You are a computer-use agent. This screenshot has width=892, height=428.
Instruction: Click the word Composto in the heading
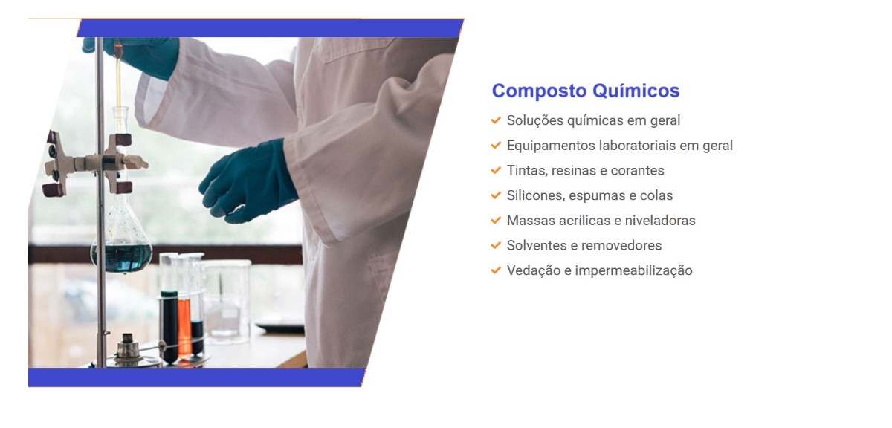(x=539, y=91)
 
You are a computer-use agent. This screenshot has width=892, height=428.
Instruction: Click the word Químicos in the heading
(x=636, y=91)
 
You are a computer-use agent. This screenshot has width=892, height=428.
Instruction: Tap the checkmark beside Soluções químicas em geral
(x=496, y=120)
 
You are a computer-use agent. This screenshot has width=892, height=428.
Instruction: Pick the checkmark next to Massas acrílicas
(x=496, y=220)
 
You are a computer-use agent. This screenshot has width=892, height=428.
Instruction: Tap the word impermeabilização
(x=633, y=270)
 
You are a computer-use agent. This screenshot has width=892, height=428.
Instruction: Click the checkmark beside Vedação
(x=496, y=270)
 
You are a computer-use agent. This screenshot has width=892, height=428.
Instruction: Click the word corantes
(x=638, y=171)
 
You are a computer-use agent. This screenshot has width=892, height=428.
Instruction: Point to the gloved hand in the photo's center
(x=249, y=181)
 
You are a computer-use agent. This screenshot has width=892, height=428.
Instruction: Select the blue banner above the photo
(x=271, y=28)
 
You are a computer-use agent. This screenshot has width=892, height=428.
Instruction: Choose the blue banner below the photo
(x=196, y=377)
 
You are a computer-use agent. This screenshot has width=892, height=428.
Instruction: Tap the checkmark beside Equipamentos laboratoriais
(x=496, y=145)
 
